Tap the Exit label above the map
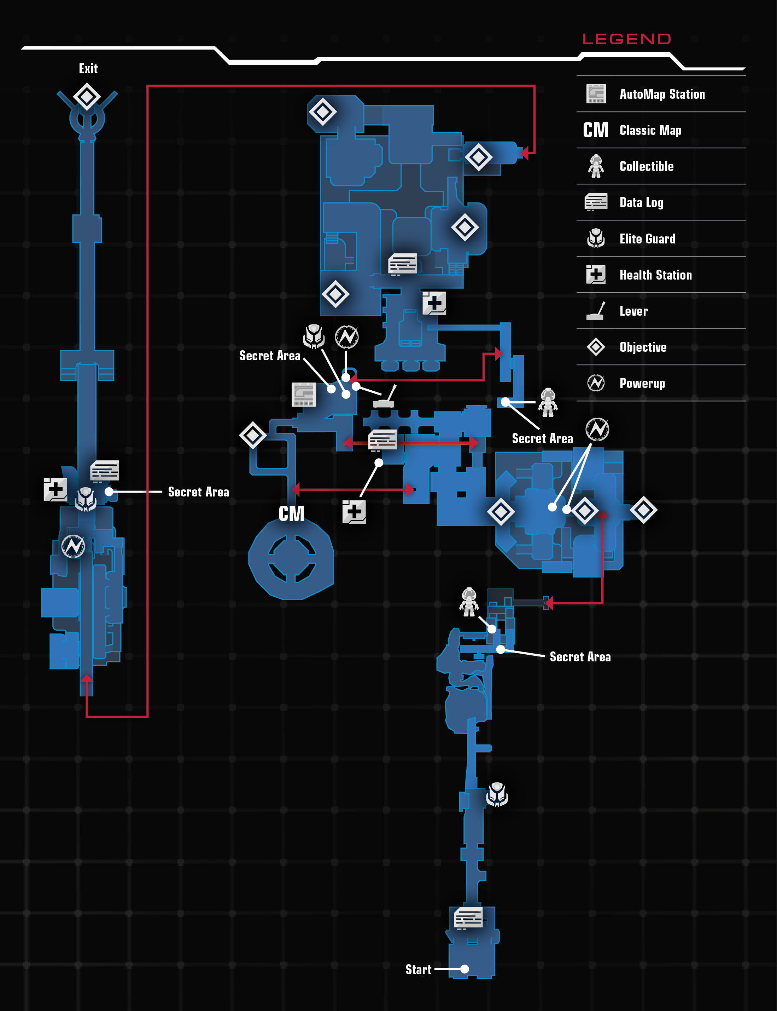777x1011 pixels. [88, 69]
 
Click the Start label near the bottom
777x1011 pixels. [418, 969]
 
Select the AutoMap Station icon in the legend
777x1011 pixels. [596, 94]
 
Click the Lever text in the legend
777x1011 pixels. [633, 311]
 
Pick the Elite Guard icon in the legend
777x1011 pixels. [596, 239]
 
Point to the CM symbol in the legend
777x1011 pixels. [596, 130]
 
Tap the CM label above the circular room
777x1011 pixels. [291, 513]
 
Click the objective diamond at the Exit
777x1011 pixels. [87, 97]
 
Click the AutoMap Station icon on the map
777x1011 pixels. [304, 395]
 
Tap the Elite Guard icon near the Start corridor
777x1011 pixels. [497, 794]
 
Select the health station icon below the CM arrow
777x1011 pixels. [354, 512]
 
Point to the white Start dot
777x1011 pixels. [465, 969]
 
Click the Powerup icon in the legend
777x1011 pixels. [596, 383]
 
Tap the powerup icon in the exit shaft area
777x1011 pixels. [74, 546]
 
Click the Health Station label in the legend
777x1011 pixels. [656, 275]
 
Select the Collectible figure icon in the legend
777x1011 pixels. [596, 166]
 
